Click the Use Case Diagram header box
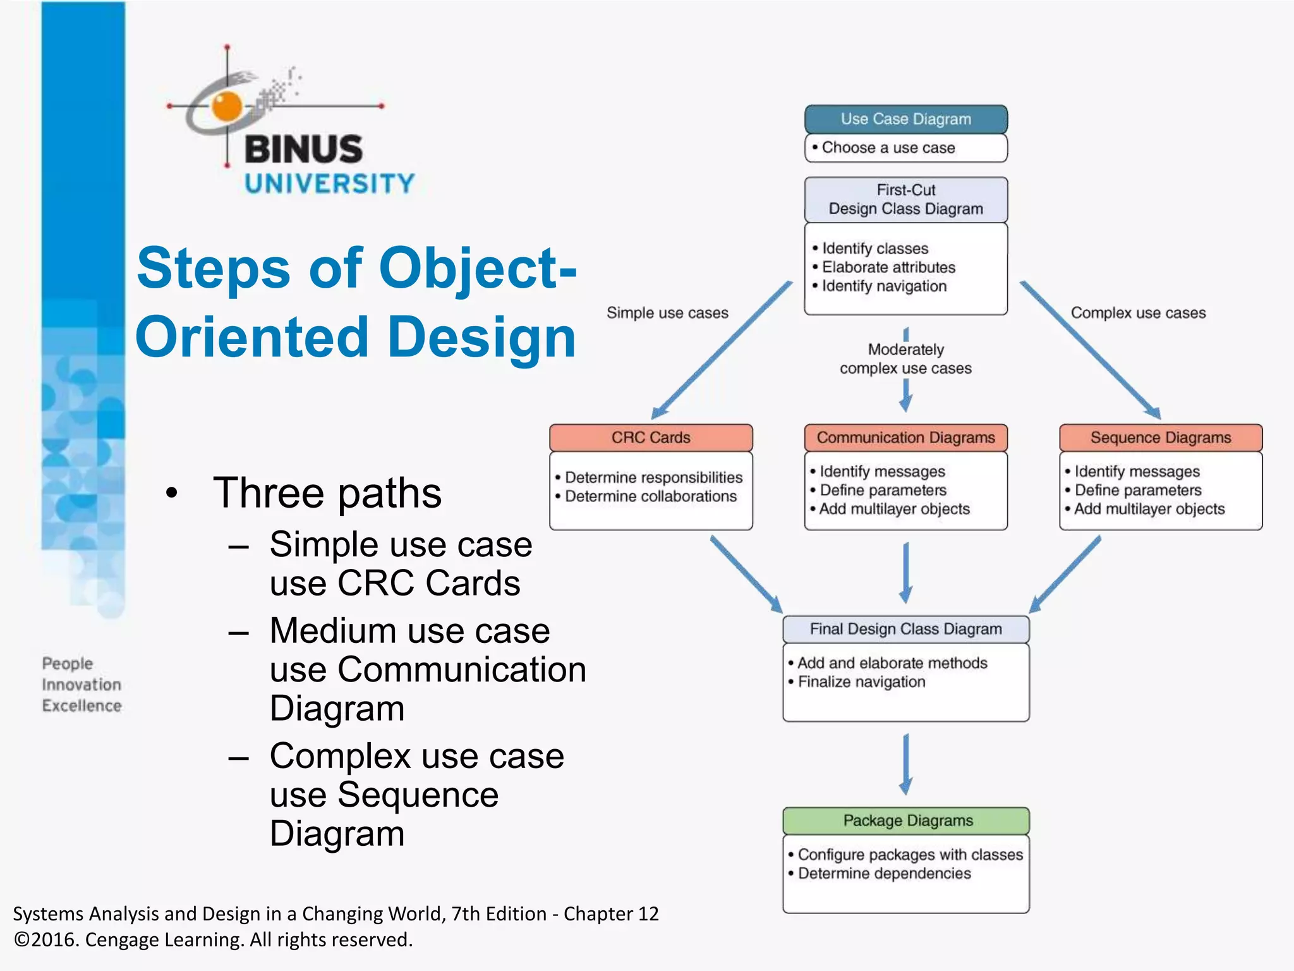click(x=905, y=119)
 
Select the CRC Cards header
click(x=651, y=437)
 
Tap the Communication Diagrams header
click(x=905, y=437)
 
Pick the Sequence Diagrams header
click(x=1161, y=437)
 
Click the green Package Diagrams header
click(x=905, y=821)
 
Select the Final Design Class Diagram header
click(x=905, y=629)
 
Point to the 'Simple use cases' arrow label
click(x=667, y=313)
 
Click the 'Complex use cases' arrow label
click(x=1138, y=313)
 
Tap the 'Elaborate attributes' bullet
click(x=888, y=267)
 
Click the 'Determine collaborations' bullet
click(x=650, y=496)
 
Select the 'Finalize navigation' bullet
click(x=861, y=681)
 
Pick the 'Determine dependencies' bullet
click(x=884, y=874)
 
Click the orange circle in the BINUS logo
click(x=227, y=106)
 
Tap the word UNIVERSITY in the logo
click(x=329, y=184)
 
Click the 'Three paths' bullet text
click(x=327, y=493)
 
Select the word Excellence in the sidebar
click(x=82, y=705)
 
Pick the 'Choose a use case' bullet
click(x=888, y=148)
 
